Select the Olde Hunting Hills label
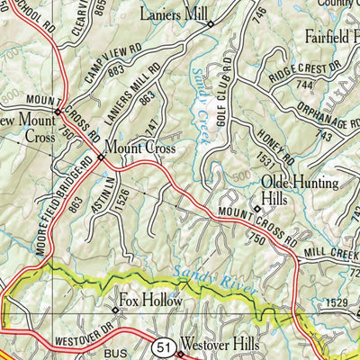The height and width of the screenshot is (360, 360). (298, 190)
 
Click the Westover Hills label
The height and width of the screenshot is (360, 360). (220, 345)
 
